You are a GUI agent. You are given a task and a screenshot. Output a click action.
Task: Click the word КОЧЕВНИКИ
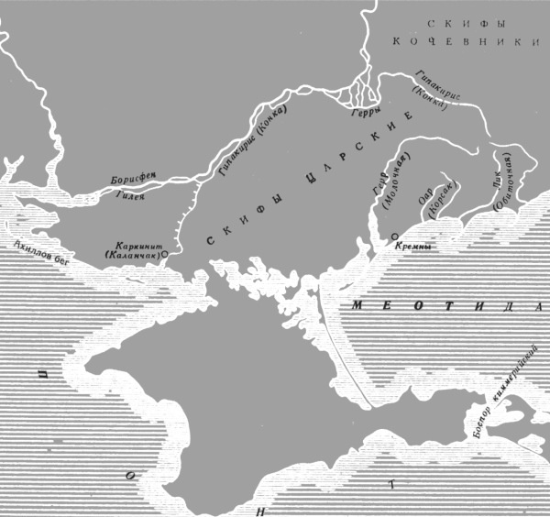(468, 42)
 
